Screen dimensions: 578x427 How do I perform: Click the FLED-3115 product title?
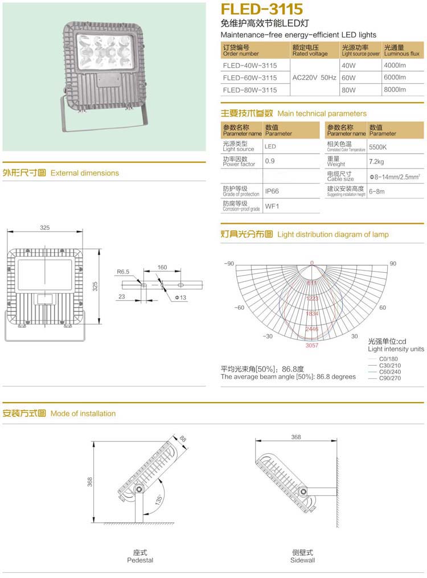[261, 9]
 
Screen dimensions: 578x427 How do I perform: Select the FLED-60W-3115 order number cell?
[250, 77]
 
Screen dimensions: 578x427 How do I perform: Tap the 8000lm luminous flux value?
[395, 90]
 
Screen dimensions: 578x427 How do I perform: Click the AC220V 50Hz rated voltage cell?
[315, 77]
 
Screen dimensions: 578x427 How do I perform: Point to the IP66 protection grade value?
[272, 192]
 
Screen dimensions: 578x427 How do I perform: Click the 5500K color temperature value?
[378, 146]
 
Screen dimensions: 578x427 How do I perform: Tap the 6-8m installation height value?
[377, 191]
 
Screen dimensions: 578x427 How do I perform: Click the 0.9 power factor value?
[270, 161]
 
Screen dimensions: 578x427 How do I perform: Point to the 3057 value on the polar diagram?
[311, 346]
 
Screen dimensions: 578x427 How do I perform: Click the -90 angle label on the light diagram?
[229, 264]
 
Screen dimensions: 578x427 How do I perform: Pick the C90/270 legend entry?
[390, 378]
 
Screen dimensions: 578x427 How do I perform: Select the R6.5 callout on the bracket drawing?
[124, 272]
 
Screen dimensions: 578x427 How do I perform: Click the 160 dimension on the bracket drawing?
[162, 267]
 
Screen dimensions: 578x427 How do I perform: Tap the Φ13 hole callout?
[180, 298]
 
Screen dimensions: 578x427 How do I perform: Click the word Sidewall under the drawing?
[302, 560]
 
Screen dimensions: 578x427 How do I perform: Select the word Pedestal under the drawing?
[140, 560]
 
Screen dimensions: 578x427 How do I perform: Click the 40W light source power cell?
[348, 65]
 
